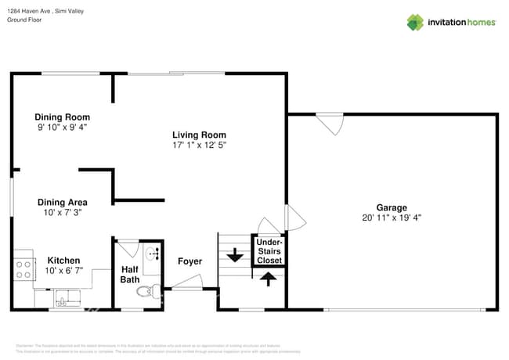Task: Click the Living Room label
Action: pyautogui.click(x=200, y=135)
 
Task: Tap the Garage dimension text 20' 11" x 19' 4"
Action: pyautogui.click(x=392, y=218)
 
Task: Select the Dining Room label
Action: pyautogui.click(x=61, y=117)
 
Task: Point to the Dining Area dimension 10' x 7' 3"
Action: pyautogui.click(x=62, y=212)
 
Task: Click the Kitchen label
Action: pyautogui.click(x=63, y=261)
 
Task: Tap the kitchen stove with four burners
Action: pyautogui.click(x=23, y=270)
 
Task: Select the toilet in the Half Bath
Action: pyautogui.click(x=147, y=292)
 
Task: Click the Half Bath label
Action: pyautogui.click(x=129, y=274)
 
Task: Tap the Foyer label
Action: pyautogui.click(x=190, y=261)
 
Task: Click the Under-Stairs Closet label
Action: pyautogui.click(x=269, y=251)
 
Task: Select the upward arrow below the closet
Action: pyautogui.click(x=268, y=279)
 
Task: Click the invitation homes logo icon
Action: pyautogui.click(x=414, y=22)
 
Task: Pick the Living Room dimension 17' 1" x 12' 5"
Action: pyautogui.click(x=200, y=145)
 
